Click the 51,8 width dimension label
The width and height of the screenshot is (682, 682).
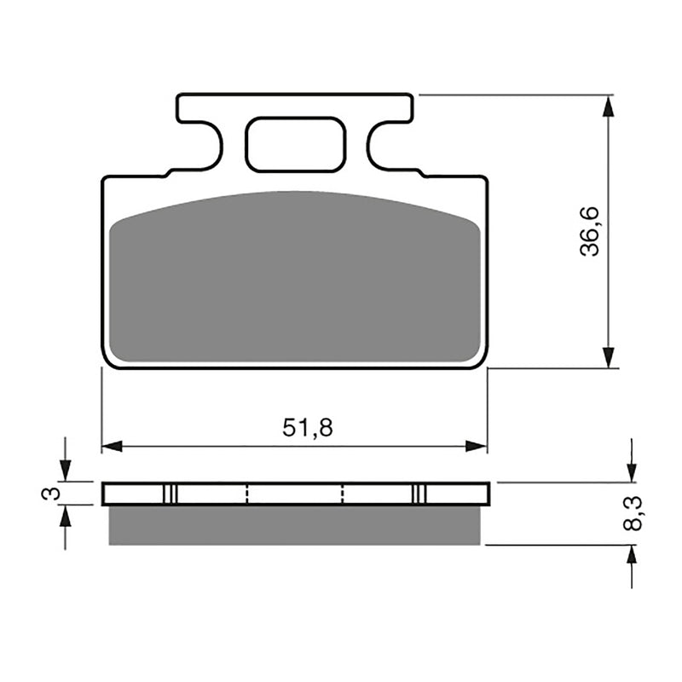tap(308, 429)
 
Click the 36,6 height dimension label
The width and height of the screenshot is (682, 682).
tap(590, 231)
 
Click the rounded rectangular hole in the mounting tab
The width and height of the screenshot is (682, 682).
tap(295, 145)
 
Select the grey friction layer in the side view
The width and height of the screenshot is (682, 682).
tap(294, 525)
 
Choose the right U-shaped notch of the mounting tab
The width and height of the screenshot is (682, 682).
tap(389, 145)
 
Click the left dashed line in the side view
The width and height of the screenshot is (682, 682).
tap(246, 494)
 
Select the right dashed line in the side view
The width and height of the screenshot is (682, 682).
tap(342, 494)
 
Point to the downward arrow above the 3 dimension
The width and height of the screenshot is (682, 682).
tap(65, 470)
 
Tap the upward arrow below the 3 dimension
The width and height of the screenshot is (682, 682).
tap(65, 516)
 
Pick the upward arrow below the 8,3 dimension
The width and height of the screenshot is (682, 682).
tap(631, 556)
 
